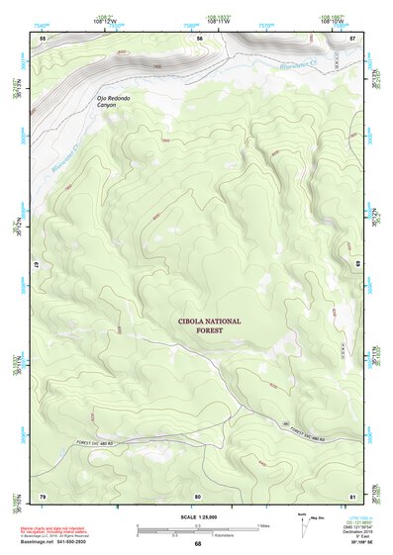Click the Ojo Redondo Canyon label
[113, 103]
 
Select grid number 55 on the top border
[43, 38]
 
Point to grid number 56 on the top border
[199, 38]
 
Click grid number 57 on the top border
[353, 38]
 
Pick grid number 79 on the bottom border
[43, 495]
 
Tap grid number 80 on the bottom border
[198, 495]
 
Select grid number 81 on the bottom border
[353, 495]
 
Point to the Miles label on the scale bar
[263, 525]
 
